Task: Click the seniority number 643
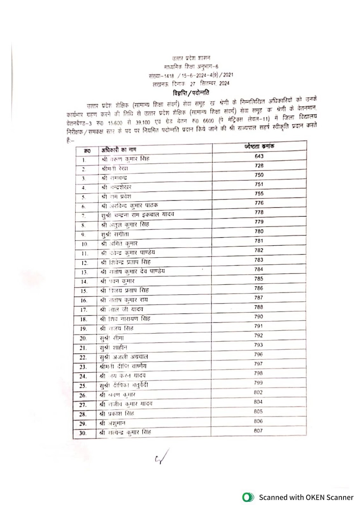(x=259, y=156)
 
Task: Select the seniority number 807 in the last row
(x=258, y=430)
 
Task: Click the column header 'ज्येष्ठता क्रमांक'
(x=259, y=146)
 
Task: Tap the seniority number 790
(x=259, y=316)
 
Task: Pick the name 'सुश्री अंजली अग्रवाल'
(x=124, y=357)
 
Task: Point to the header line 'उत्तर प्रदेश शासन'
(x=191, y=59)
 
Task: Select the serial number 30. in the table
(x=83, y=433)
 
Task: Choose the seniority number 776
(x=259, y=203)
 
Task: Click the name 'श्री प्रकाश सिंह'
(x=117, y=414)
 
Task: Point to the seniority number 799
(x=258, y=383)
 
